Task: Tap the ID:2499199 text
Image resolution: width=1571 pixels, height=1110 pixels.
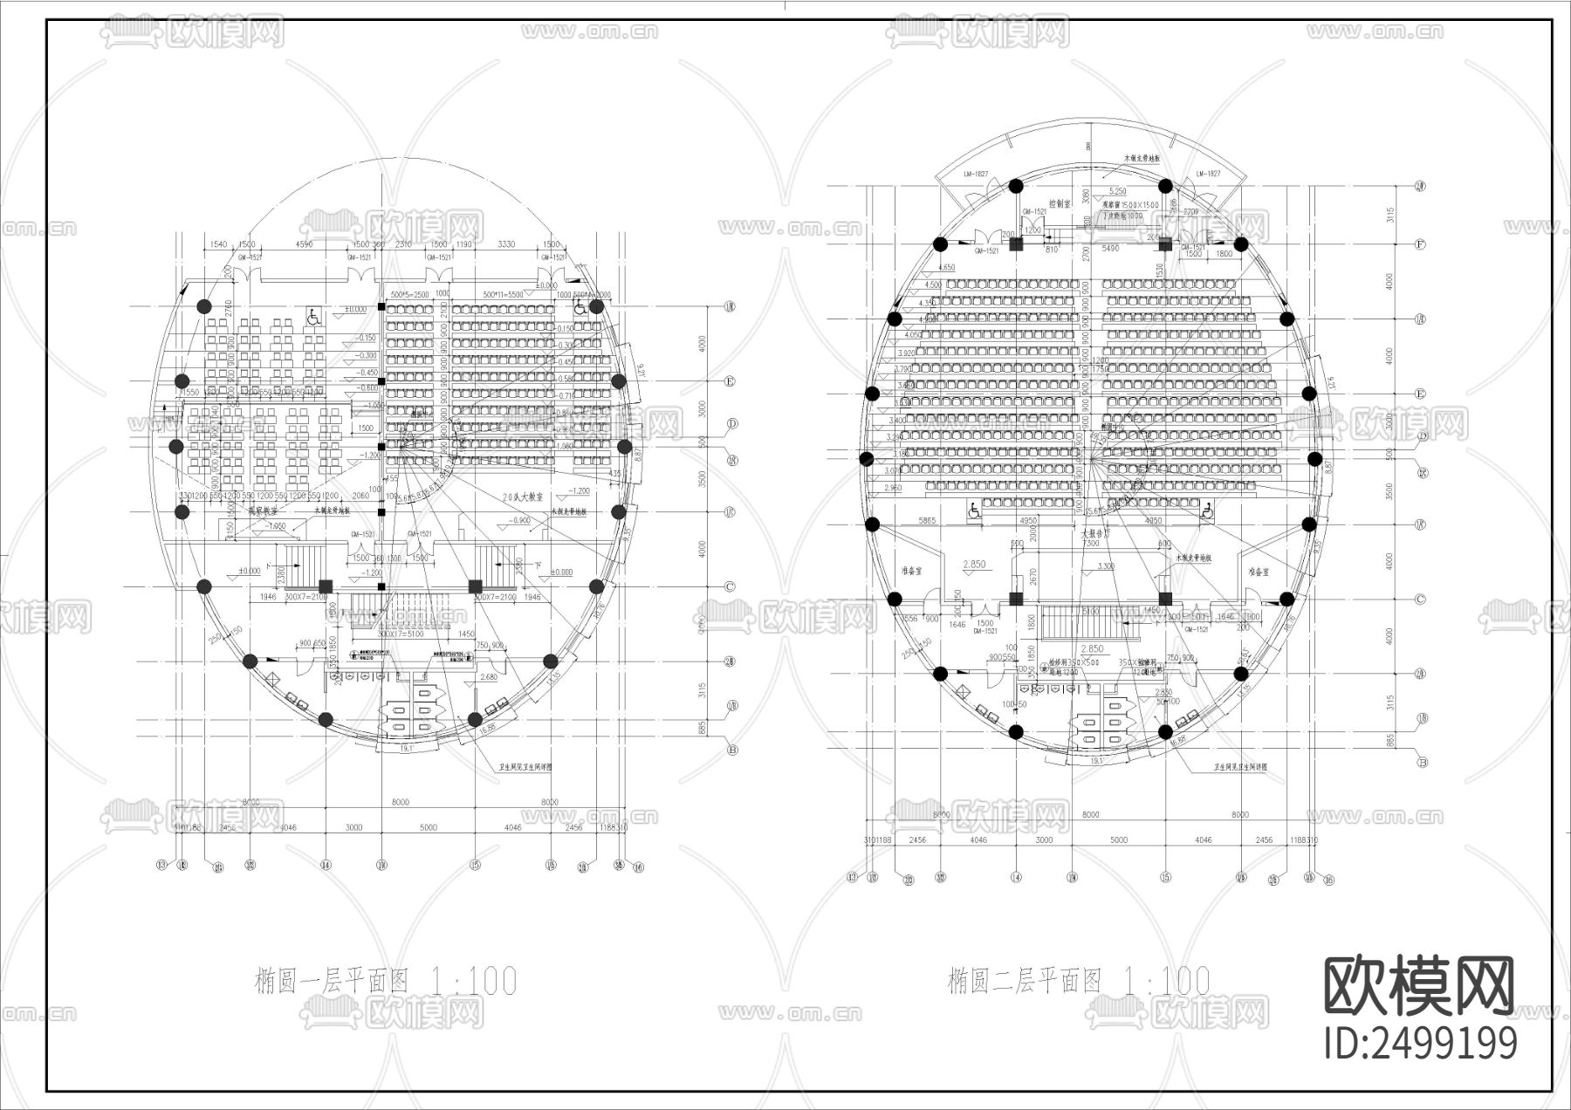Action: click(x=1420, y=1044)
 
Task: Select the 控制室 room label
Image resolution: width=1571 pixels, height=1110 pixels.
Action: click(x=1060, y=204)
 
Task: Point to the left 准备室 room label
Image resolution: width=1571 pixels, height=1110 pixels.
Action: click(x=911, y=572)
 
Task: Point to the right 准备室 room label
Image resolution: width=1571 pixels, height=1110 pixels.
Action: click(x=1258, y=572)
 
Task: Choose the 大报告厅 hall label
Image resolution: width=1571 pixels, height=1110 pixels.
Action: click(x=1094, y=532)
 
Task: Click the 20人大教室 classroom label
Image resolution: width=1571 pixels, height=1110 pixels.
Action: click(x=523, y=496)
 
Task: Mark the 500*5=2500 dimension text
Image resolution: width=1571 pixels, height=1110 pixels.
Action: click(x=409, y=295)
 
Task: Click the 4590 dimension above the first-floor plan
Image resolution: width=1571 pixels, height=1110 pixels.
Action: click(x=304, y=245)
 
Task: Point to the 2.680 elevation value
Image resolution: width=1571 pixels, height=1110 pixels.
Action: click(x=489, y=676)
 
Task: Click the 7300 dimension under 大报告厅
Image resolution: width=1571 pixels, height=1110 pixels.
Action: click(x=1090, y=543)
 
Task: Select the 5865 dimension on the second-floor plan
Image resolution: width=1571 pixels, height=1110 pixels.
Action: click(x=927, y=521)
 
